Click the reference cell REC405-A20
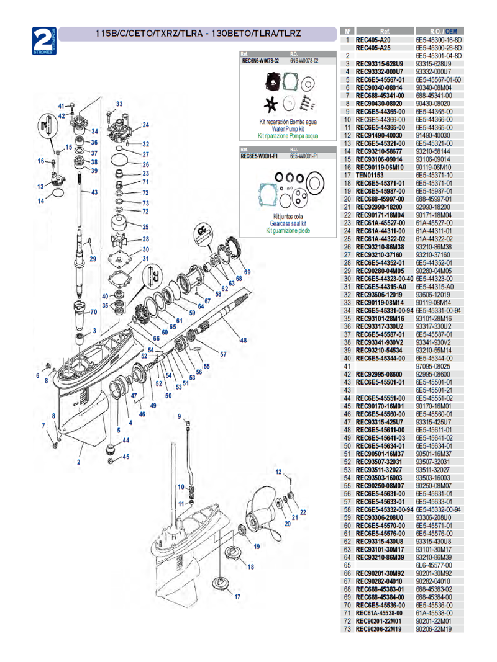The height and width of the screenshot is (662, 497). pyautogui.click(x=373, y=39)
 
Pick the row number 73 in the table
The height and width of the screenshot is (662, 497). pyautogui.click(x=347, y=629)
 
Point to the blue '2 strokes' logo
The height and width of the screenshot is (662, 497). pyautogui.click(x=45, y=40)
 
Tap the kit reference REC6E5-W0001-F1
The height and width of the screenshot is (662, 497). pyautogui.click(x=258, y=156)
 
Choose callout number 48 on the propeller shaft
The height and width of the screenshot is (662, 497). pyautogui.click(x=243, y=340)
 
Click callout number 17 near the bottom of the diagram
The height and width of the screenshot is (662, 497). pyautogui.click(x=237, y=596)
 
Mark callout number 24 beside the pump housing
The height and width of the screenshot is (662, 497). pyautogui.click(x=145, y=125)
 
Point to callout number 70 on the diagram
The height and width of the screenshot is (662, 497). pyautogui.click(x=94, y=311)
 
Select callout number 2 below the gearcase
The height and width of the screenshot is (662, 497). pyautogui.click(x=79, y=462)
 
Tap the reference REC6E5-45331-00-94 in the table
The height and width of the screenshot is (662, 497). pyautogui.click(x=385, y=310)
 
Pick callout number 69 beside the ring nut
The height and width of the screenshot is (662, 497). pyautogui.click(x=247, y=272)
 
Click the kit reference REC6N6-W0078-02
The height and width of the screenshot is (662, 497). pyautogui.click(x=260, y=61)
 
